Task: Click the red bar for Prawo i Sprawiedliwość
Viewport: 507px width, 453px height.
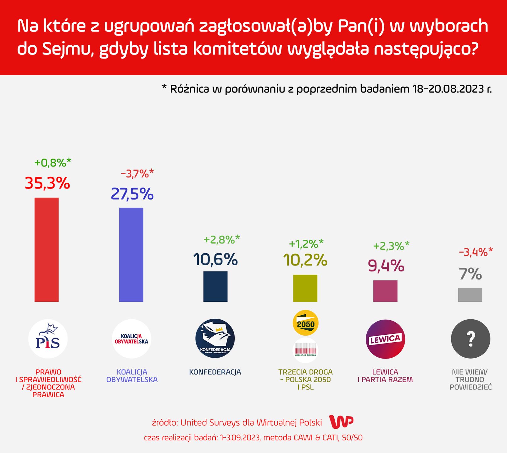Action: tap(47, 249)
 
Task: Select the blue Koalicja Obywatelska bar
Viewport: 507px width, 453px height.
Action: tap(131, 254)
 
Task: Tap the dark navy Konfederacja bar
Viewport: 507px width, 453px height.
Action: tap(215, 286)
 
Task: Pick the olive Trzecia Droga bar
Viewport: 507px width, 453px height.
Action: tap(305, 288)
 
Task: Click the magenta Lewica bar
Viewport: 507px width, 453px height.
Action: tap(385, 291)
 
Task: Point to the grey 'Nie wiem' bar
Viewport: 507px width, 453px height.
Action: tap(470, 295)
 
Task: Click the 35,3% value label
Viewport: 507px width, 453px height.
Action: tap(47, 183)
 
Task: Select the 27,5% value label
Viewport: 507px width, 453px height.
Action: tap(132, 194)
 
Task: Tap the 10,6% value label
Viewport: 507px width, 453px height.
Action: tap(215, 260)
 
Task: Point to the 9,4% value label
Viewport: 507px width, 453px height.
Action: tap(386, 266)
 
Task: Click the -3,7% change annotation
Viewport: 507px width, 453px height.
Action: tap(137, 173)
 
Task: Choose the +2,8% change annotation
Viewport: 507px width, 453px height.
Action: tap(221, 240)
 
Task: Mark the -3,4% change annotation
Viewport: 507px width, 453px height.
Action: tap(476, 252)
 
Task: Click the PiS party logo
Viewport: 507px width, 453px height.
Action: tap(48, 339)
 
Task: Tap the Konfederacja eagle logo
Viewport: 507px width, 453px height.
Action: tap(215, 339)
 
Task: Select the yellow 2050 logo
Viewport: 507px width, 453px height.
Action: tap(305, 323)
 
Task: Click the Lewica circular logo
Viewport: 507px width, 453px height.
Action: tap(386, 339)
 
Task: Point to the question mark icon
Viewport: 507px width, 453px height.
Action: tap(471, 339)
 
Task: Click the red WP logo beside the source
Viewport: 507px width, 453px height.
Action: tap(341, 422)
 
